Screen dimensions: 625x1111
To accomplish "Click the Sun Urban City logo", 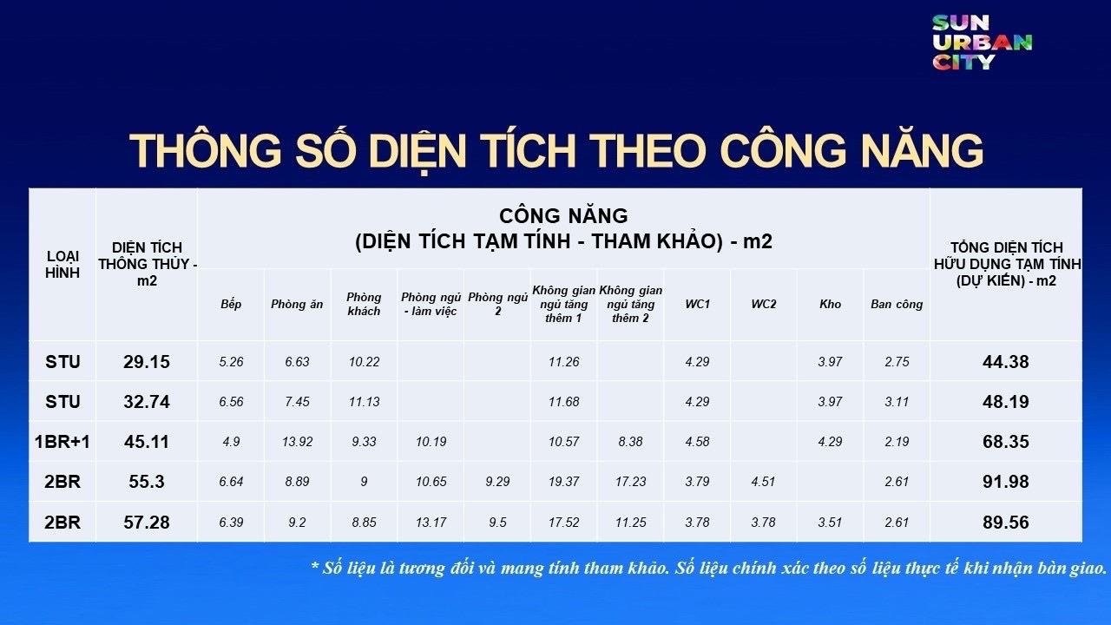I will click(x=982, y=42).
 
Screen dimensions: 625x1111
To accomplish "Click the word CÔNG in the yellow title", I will click(x=807, y=151).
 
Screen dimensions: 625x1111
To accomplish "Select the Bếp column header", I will click(x=231, y=304).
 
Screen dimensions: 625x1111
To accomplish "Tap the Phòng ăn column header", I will click(x=297, y=304).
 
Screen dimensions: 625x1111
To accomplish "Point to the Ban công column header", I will click(x=897, y=304).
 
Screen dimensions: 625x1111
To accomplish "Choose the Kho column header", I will click(x=830, y=304).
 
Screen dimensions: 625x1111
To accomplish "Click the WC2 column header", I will click(x=764, y=304).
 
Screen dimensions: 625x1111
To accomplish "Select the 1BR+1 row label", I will click(x=62, y=442).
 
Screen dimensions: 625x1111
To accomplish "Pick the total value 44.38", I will click(x=1005, y=361).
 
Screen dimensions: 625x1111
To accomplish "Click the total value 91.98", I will click(x=1005, y=482).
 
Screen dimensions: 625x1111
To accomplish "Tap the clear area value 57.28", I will click(x=147, y=523).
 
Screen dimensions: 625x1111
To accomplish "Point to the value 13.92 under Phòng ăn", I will click(x=297, y=442).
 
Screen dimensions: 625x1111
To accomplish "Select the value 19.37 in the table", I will click(x=564, y=482).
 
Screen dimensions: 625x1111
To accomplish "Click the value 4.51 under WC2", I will click(x=764, y=482).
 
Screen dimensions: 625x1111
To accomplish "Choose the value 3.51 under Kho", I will click(x=830, y=523).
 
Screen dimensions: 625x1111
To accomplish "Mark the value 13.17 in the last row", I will click(x=431, y=523).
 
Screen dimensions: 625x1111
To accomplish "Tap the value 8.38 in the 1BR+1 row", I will click(x=630, y=442).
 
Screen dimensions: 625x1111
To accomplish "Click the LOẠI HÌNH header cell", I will click(x=62, y=264).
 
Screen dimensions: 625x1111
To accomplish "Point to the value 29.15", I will click(x=147, y=361).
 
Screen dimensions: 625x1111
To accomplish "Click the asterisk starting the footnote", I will click(x=315, y=567).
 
